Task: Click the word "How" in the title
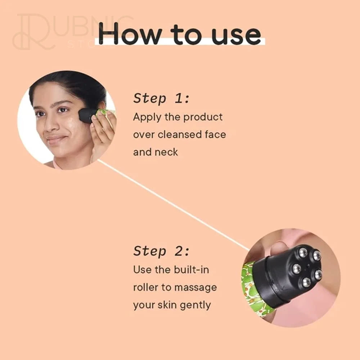[130, 33]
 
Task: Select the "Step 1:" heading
[162, 99]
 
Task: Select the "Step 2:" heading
[162, 251]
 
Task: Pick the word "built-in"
[192, 270]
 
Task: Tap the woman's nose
[49, 125]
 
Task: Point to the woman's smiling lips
[55, 139]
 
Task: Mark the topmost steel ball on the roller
[303, 252]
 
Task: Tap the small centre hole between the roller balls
[307, 266]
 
